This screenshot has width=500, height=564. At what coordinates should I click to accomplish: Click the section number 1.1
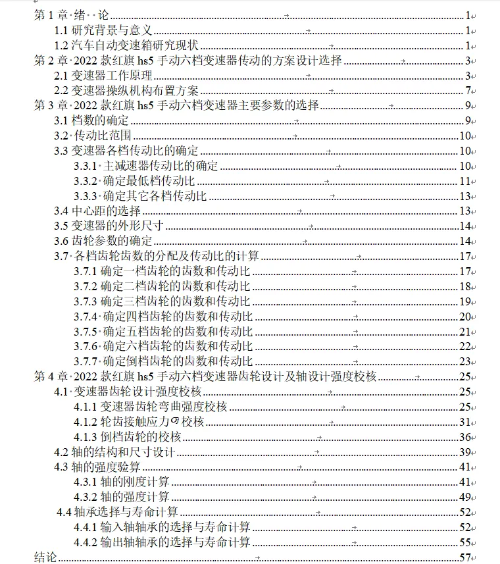(x=61, y=30)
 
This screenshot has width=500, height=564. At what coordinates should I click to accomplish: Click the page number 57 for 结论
(x=466, y=558)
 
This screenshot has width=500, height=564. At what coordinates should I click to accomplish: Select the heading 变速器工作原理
(x=111, y=76)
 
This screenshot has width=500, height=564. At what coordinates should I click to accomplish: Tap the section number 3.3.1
(x=86, y=166)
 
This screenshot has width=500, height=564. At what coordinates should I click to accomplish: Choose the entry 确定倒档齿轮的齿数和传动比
(x=176, y=361)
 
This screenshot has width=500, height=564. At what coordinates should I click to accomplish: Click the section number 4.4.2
(x=86, y=543)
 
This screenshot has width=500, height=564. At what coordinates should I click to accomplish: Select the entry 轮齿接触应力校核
(x=153, y=422)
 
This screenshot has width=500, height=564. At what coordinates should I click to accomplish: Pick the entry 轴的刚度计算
(x=136, y=482)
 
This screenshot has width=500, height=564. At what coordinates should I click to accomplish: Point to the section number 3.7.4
(x=86, y=317)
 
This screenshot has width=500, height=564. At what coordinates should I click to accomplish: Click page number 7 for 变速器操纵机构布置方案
(x=468, y=91)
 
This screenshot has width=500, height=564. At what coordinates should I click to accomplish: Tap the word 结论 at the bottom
(x=46, y=558)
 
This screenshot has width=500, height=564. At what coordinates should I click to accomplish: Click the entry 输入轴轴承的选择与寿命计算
(x=175, y=528)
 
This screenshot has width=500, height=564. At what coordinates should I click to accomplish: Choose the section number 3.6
(x=61, y=242)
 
